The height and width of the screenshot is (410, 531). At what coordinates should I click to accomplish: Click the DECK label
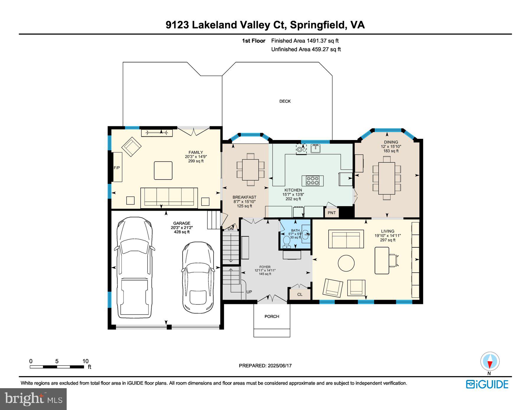click(285, 101)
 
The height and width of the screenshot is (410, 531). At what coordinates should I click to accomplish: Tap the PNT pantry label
click(332, 213)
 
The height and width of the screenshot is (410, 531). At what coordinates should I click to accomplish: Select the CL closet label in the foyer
click(300, 294)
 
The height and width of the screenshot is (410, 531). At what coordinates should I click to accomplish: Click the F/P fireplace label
click(117, 168)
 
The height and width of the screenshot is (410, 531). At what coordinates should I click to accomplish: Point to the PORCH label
click(272, 316)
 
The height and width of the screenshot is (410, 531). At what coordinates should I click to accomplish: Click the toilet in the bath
click(286, 242)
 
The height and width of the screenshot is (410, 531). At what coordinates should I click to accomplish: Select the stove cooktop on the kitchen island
click(312, 180)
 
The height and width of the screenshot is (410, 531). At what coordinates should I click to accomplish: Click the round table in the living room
click(346, 263)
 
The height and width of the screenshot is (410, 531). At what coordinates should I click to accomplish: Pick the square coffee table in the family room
click(163, 170)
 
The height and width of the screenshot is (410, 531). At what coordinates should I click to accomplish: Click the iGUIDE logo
click(487, 384)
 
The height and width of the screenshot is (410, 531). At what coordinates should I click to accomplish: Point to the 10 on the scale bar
click(85, 361)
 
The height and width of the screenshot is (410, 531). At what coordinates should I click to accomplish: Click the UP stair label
click(249, 292)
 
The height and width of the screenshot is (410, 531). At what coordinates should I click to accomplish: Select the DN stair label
click(230, 229)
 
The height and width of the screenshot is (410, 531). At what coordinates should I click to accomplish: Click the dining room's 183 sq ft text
click(391, 151)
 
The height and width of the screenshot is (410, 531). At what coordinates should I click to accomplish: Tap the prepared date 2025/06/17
click(280, 365)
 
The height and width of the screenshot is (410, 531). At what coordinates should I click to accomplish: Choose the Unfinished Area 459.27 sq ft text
click(306, 49)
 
